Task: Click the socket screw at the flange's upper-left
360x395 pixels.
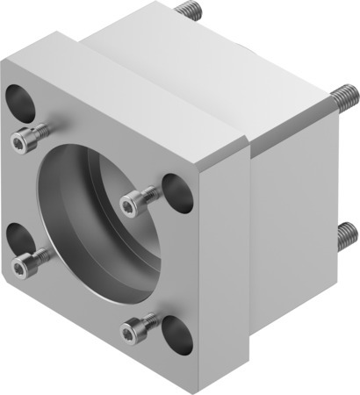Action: click(25, 140)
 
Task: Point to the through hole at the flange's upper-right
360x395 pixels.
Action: click(178, 192)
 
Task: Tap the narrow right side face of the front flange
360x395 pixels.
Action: click(224, 281)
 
